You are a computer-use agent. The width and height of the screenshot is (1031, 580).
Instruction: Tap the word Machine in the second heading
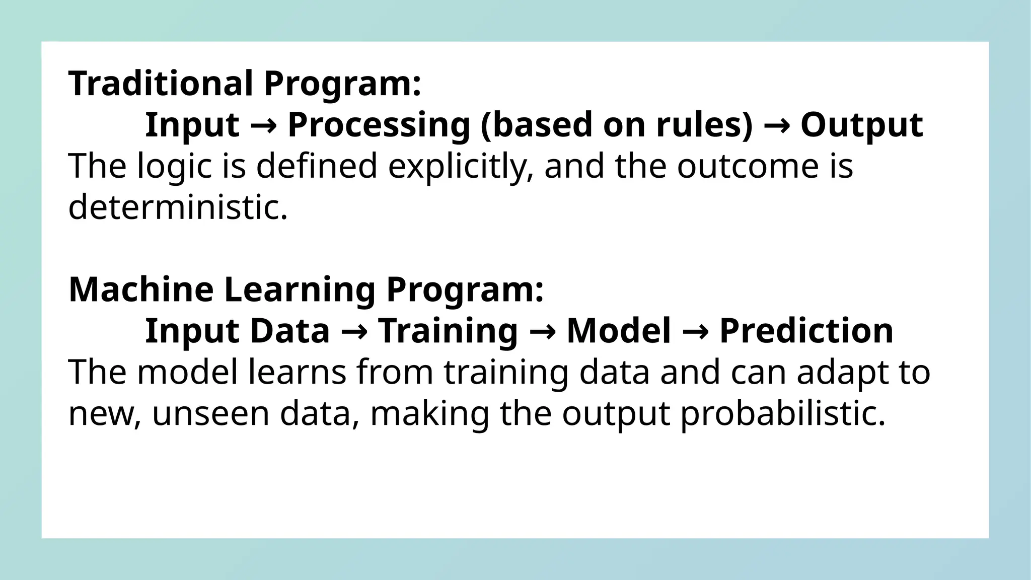point(141,290)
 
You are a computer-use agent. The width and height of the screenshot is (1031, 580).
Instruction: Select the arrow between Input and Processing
point(263,125)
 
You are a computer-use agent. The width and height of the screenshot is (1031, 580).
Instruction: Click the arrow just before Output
point(776,125)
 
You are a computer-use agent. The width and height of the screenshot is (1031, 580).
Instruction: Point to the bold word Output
point(861,125)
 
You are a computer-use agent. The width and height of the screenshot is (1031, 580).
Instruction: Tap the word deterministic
point(177,207)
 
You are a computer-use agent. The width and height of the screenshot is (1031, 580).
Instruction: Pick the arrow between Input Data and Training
point(353,331)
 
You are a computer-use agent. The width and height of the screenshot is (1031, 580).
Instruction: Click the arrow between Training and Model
point(542,331)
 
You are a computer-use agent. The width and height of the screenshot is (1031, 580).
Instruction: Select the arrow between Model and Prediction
point(695,331)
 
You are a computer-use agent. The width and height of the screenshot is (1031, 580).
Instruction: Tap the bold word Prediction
point(806,331)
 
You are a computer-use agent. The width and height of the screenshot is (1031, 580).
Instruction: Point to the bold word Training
point(448,331)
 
